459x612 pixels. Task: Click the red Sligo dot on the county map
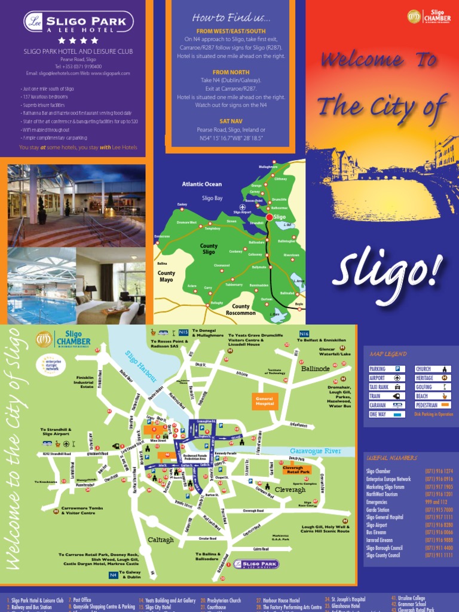[269, 217]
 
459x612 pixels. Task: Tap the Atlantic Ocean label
[201, 184]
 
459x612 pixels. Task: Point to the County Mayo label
[166, 276]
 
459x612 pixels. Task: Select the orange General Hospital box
[264, 401]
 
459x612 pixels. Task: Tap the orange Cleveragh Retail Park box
[296, 469]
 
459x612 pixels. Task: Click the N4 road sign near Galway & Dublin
[113, 575]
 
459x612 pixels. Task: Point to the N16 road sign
[304, 333]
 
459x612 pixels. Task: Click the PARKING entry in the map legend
[387, 369]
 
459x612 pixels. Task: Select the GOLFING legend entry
[433, 387]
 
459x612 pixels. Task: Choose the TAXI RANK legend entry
[387, 387]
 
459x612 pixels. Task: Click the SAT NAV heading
[230, 121]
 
